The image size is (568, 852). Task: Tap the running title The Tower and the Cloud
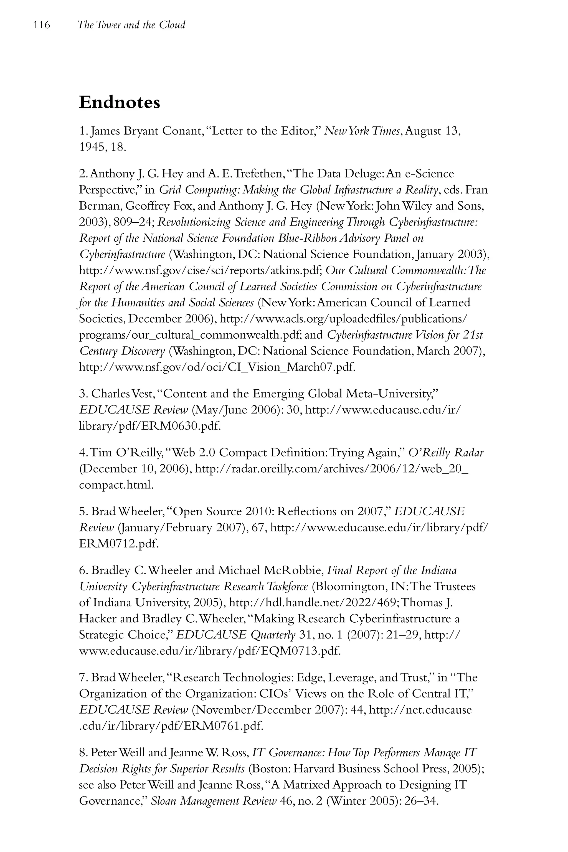tap(131, 25)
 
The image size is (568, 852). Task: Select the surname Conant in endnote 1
tap(180, 131)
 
